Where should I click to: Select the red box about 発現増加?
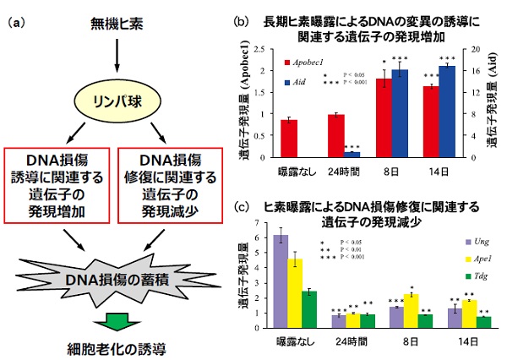(59, 183)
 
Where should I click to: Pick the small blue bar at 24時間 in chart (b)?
(352, 155)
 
